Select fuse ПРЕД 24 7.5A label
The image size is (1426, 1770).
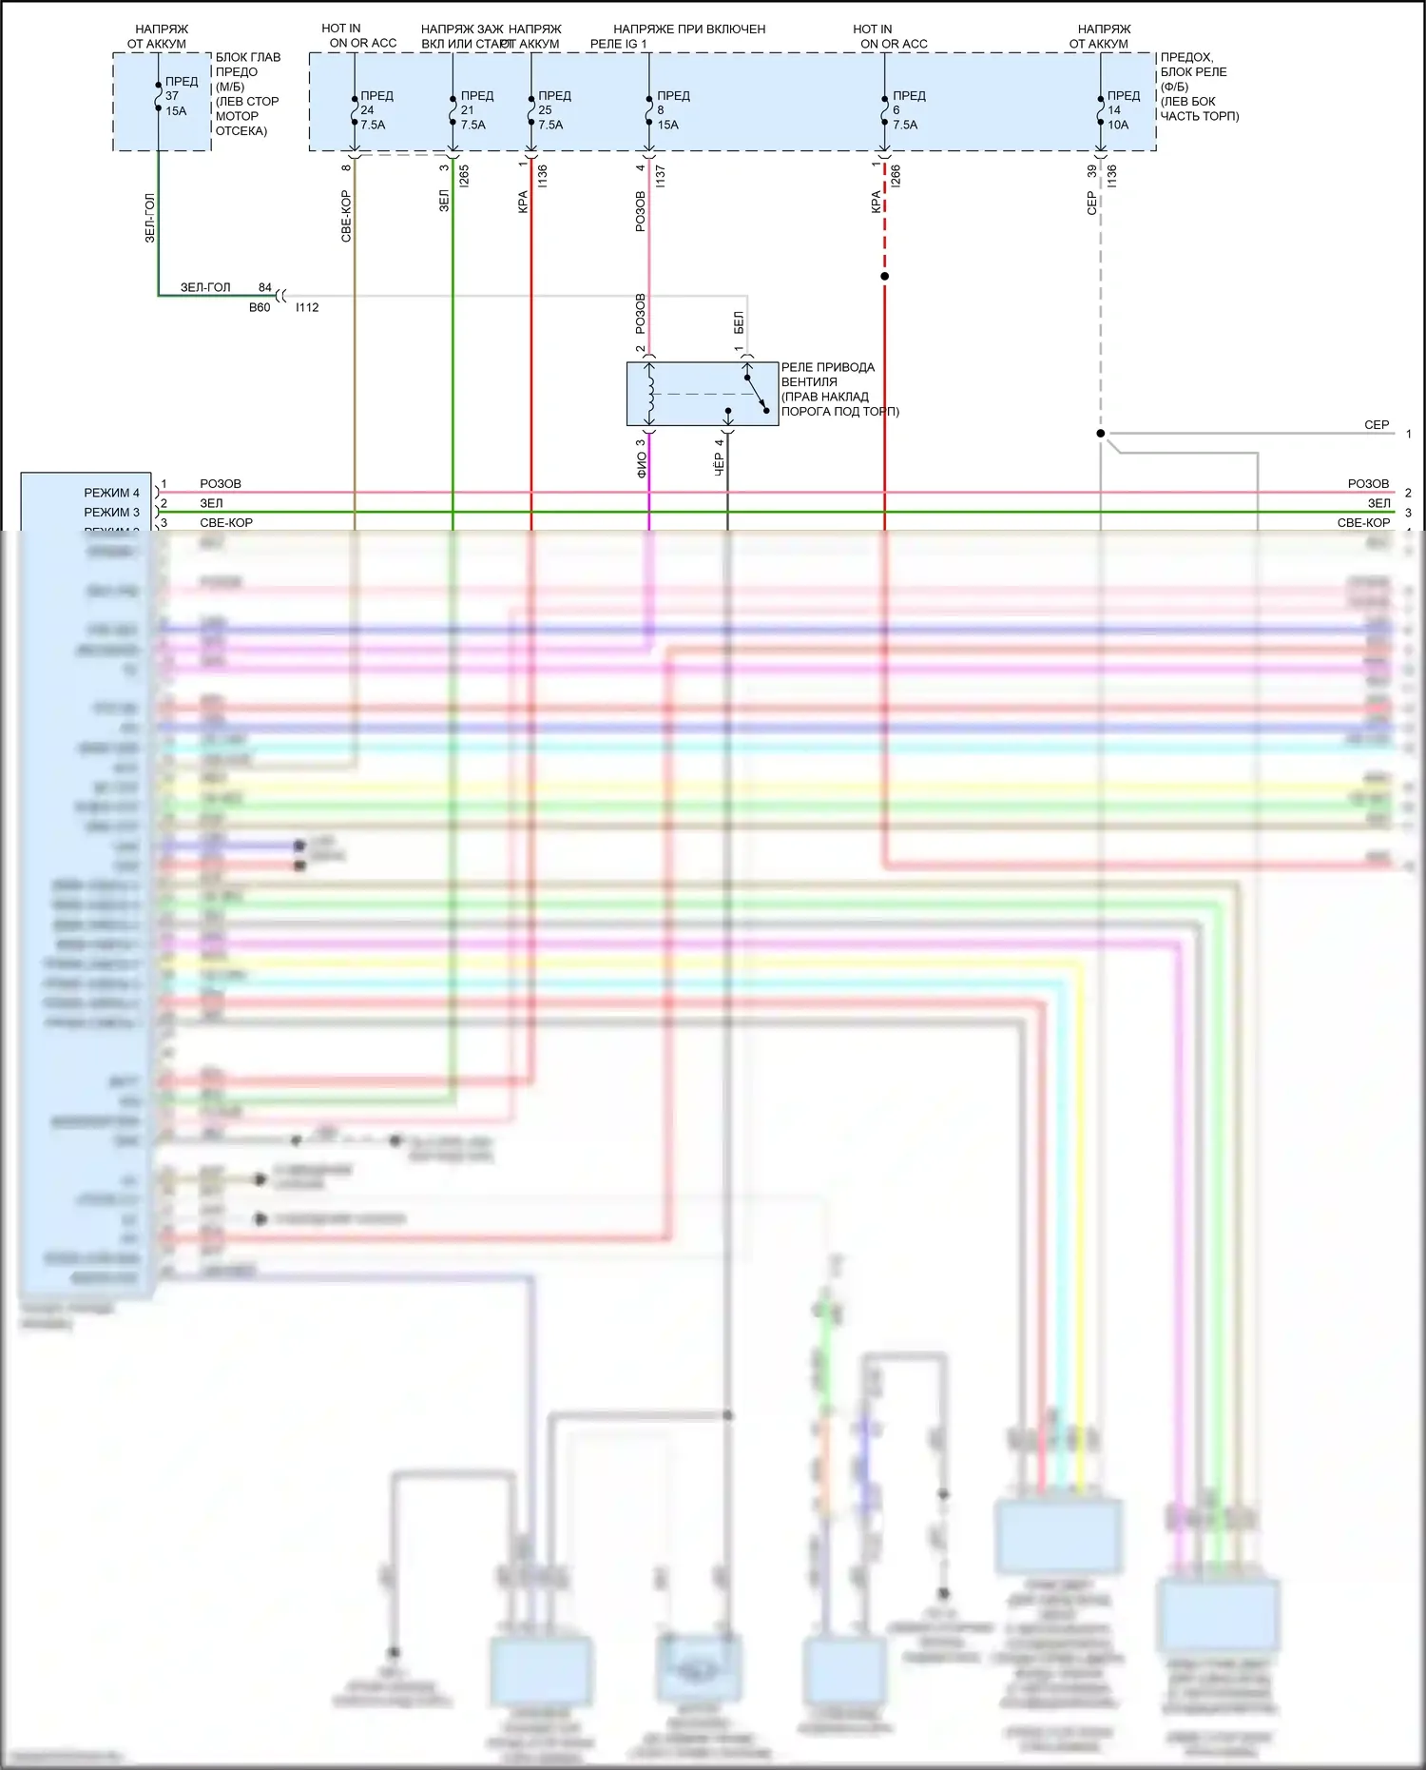click(375, 110)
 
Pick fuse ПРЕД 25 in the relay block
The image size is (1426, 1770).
click(552, 110)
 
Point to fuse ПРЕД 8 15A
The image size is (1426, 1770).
click(671, 110)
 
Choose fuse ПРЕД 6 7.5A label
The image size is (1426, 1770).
click(907, 110)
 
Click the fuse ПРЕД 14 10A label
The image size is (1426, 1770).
click(1122, 110)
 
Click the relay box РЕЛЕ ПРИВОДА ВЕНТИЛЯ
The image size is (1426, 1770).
click(702, 394)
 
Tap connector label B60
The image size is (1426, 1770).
click(260, 307)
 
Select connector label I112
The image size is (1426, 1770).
click(307, 307)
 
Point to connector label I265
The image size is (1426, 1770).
click(464, 175)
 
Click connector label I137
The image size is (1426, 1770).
click(660, 175)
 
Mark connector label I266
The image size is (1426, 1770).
click(896, 175)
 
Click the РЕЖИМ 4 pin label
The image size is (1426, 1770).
click(111, 493)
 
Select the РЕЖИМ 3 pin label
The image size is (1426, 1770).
click(111, 512)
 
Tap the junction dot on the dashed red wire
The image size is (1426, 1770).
click(884, 277)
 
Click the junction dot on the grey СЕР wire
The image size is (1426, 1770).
click(1101, 434)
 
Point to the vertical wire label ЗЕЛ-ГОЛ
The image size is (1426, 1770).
click(149, 218)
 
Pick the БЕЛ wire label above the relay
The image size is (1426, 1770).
click(739, 322)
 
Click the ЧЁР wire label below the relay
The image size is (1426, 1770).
click(719, 463)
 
